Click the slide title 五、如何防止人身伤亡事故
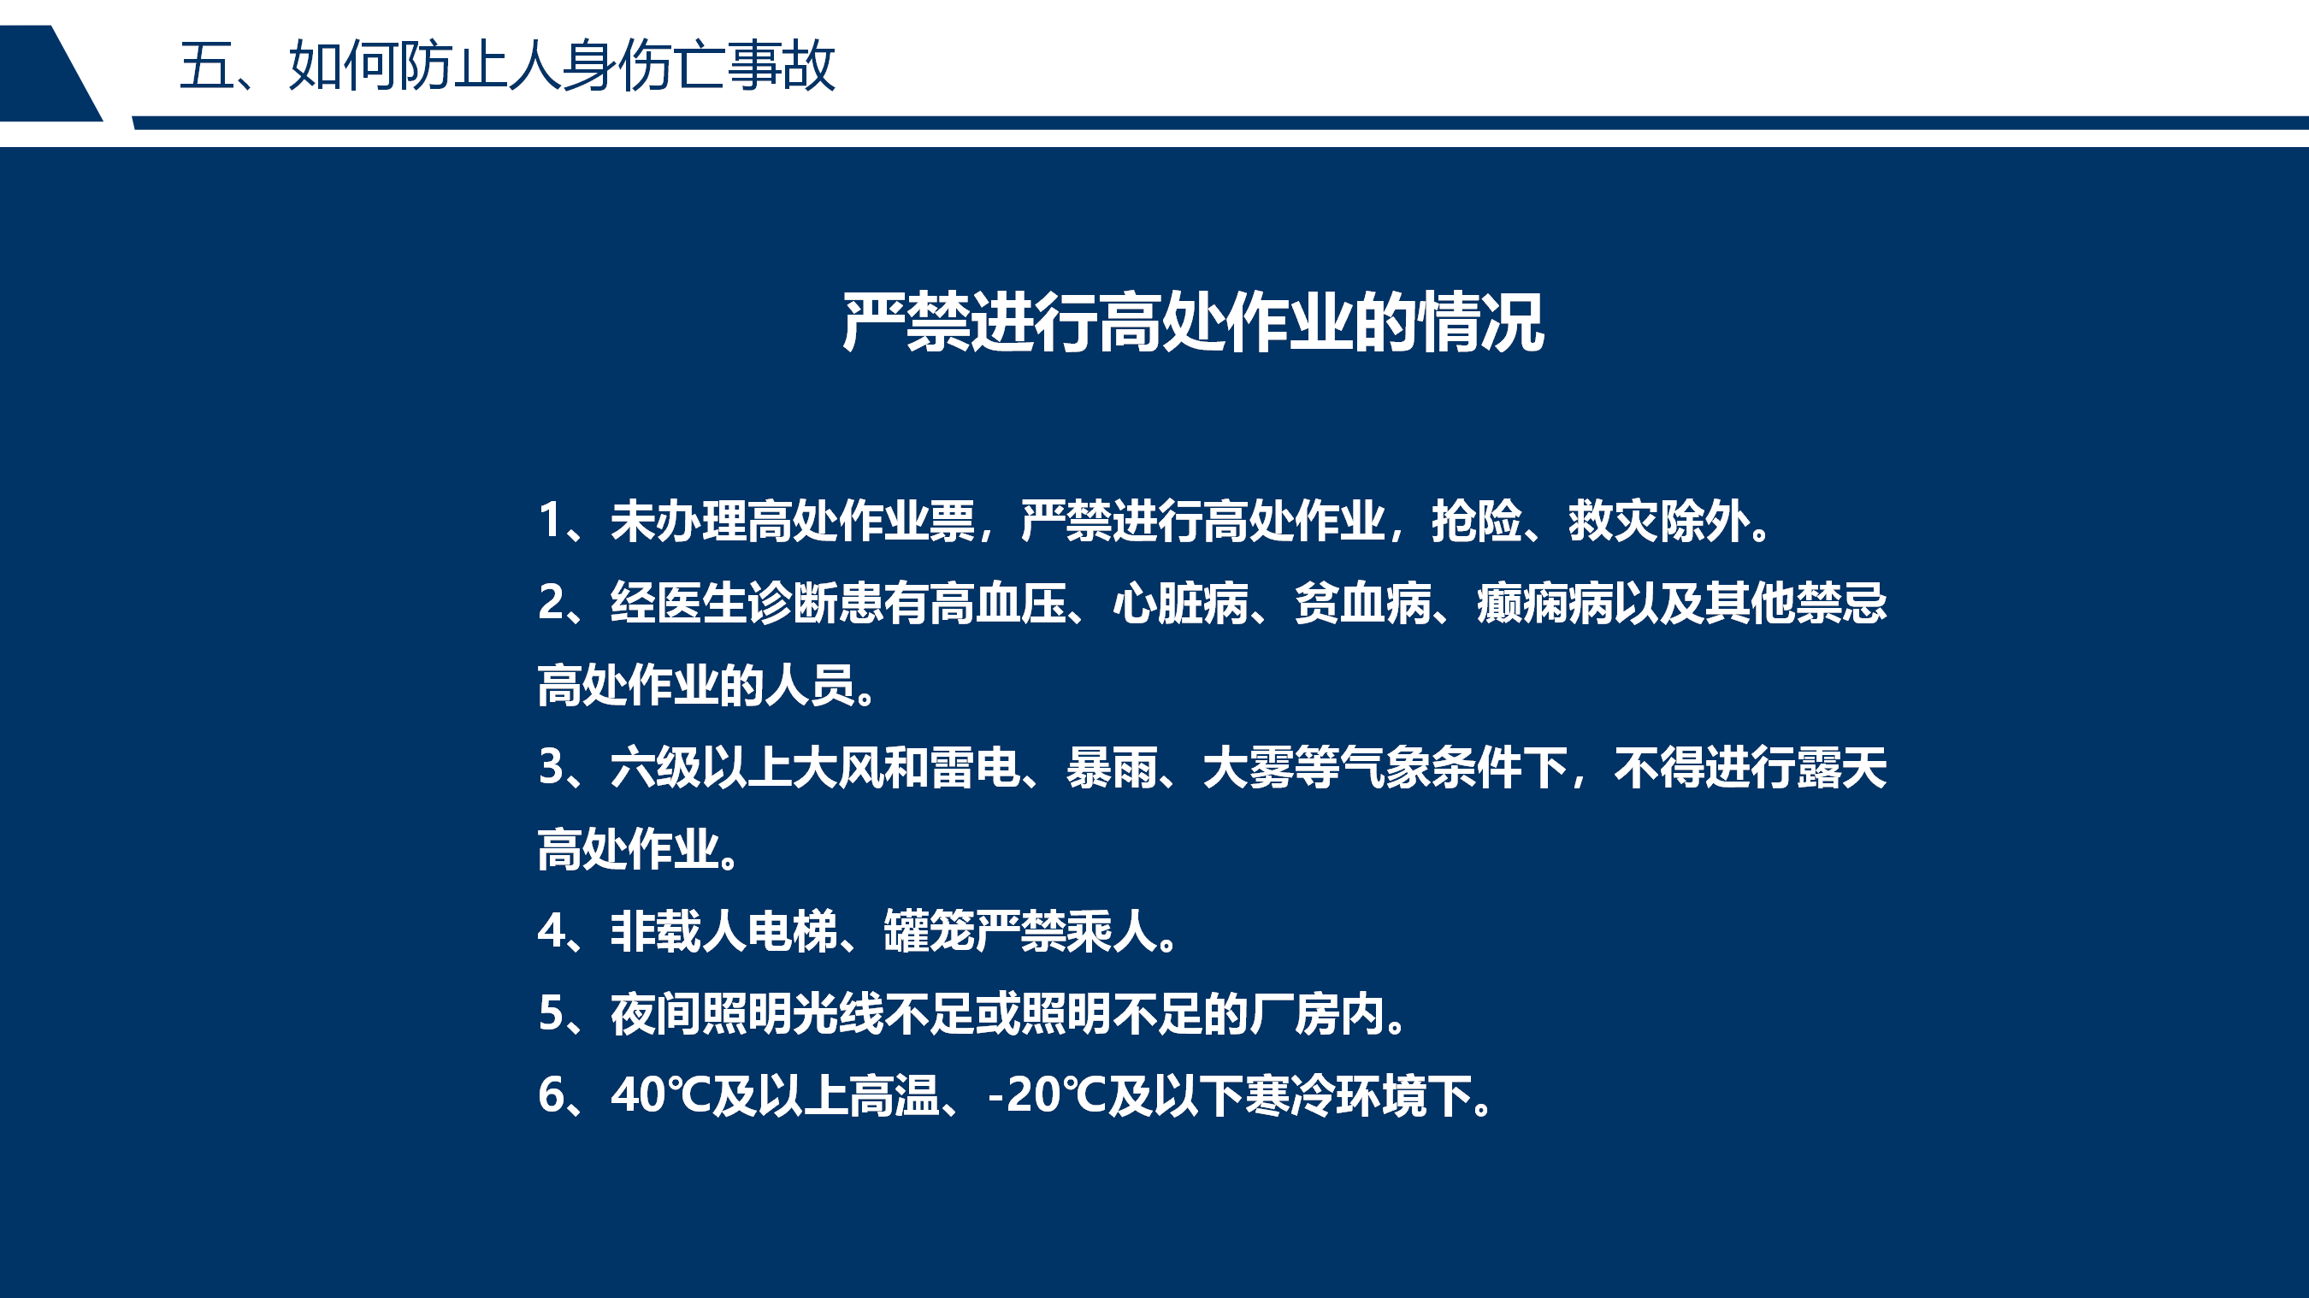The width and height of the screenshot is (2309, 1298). pyautogui.click(x=507, y=66)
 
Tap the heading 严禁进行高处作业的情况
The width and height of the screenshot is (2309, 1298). pyautogui.click(x=1193, y=322)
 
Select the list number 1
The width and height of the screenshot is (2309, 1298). pyautogui.click(x=551, y=520)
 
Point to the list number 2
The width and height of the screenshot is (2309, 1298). pyautogui.click(x=552, y=601)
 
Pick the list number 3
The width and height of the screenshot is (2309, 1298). pyautogui.click(x=552, y=767)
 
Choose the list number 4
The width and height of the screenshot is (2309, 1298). pyautogui.click(x=552, y=930)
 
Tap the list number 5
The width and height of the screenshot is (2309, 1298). pyautogui.click(x=552, y=1013)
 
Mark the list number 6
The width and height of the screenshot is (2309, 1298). pyautogui.click(x=552, y=1095)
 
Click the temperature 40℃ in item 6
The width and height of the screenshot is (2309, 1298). pyautogui.click(x=660, y=1095)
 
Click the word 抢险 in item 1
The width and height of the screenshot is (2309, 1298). pyautogui.click(x=1476, y=521)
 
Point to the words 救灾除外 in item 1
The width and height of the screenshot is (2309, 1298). pyautogui.click(x=1659, y=521)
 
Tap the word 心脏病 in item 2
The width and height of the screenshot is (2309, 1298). pyautogui.click(x=1180, y=602)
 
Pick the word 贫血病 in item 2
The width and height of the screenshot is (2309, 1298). pyautogui.click(x=1363, y=602)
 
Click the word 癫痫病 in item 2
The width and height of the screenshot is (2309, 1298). pyautogui.click(x=1545, y=602)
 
